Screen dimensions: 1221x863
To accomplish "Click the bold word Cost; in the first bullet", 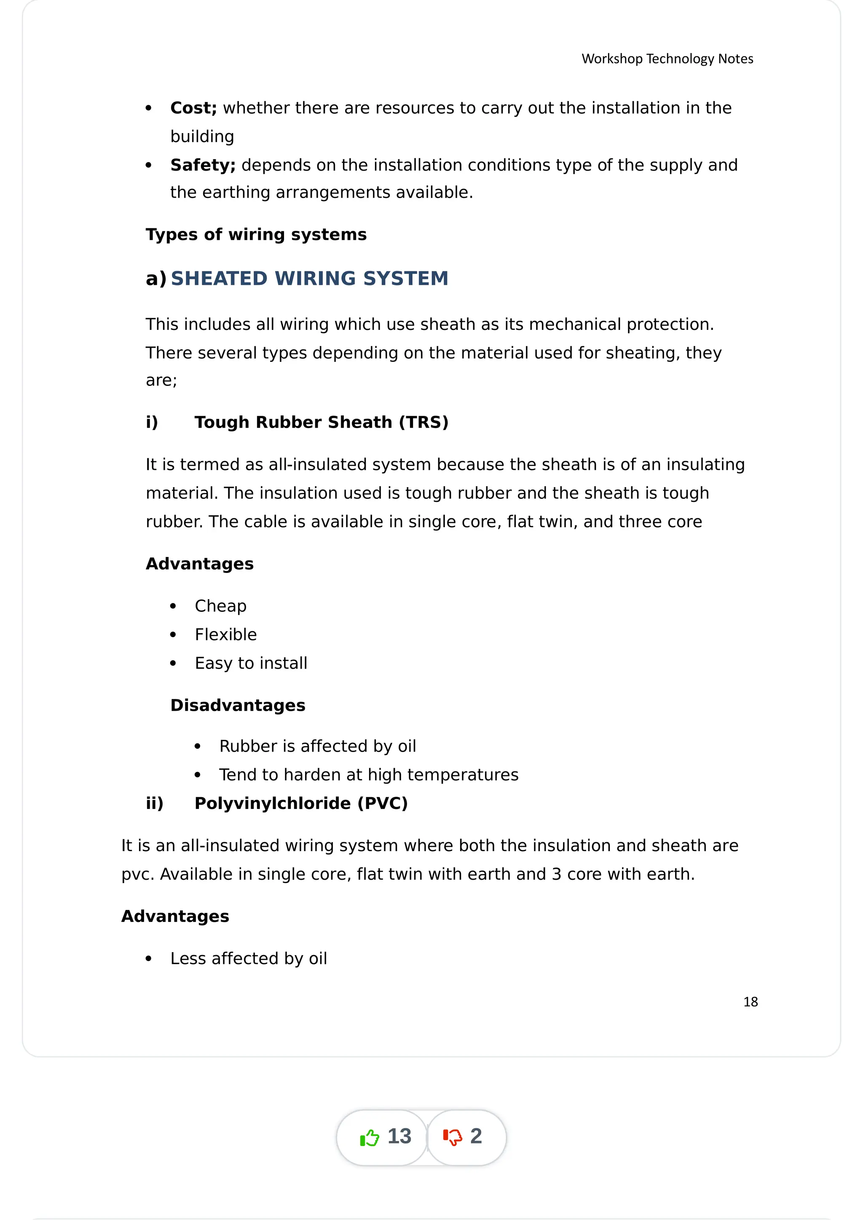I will (x=193, y=108).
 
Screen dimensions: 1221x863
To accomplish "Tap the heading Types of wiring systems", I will (x=256, y=235).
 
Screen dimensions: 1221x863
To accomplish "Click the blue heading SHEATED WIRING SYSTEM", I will (x=309, y=278).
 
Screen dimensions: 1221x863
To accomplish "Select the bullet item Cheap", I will (x=220, y=606).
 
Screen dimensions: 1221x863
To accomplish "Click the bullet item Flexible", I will (x=225, y=635).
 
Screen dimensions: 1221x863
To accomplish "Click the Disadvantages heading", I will (x=238, y=705).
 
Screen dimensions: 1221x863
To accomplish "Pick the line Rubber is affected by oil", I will (x=317, y=746).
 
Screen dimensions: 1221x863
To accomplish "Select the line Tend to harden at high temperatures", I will (x=368, y=775).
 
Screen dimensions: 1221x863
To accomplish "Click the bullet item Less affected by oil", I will (x=248, y=958).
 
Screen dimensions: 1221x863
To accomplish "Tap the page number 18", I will (x=750, y=1002).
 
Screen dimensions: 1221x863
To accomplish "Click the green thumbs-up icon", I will (x=369, y=1138).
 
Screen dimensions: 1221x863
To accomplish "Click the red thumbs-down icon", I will (x=453, y=1137).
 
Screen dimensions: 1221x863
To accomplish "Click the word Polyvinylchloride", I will (x=272, y=803).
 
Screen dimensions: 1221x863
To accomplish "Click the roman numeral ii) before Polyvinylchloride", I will (x=154, y=803).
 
